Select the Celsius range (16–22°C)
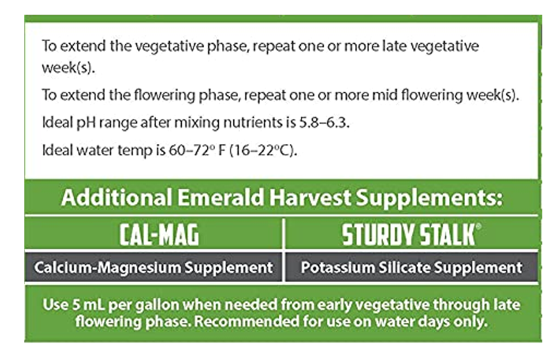point(263,150)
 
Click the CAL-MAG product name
point(159,235)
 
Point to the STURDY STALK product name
point(409,235)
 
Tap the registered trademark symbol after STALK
point(478,226)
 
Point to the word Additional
point(117,197)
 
